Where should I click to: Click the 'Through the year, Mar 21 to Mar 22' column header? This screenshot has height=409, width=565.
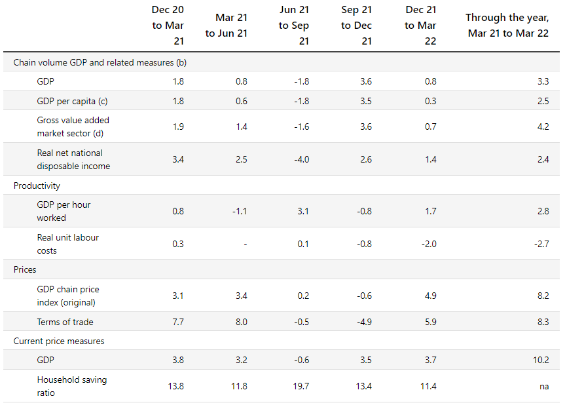(x=507, y=26)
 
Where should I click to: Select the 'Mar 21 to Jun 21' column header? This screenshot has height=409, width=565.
(x=227, y=26)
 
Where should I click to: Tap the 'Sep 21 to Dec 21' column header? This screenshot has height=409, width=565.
(x=356, y=26)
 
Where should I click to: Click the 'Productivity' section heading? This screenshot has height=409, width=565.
(x=37, y=185)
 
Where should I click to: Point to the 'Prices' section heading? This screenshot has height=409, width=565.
(x=25, y=270)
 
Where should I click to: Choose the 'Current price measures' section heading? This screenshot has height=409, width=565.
(x=59, y=341)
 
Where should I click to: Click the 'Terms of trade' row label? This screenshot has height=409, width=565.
(x=65, y=322)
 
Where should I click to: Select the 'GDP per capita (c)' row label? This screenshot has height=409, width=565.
(x=72, y=102)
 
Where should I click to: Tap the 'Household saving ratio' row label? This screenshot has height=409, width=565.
(x=72, y=386)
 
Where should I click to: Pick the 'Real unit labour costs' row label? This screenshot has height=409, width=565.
(x=67, y=244)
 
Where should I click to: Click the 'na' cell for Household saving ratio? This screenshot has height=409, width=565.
(x=544, y=387)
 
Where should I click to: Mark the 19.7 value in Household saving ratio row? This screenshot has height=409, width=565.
(x=301, y=386)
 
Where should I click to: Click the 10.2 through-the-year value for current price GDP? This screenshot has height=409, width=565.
(x=541, y=360)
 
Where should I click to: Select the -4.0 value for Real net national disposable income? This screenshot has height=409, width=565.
(x=302, y=159)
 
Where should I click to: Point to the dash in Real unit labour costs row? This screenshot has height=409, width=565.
(x=246, y=245)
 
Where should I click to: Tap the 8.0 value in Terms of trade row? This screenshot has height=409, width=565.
(x=242, y=322)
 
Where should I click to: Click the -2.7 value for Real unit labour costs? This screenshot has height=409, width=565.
(x=541, y=244)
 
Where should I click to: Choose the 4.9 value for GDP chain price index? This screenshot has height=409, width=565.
(x=431, y=296)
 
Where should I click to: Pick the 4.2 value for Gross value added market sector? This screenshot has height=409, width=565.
(x=543, y=127)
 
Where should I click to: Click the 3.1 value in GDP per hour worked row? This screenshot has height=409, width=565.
(x=303, y=211)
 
